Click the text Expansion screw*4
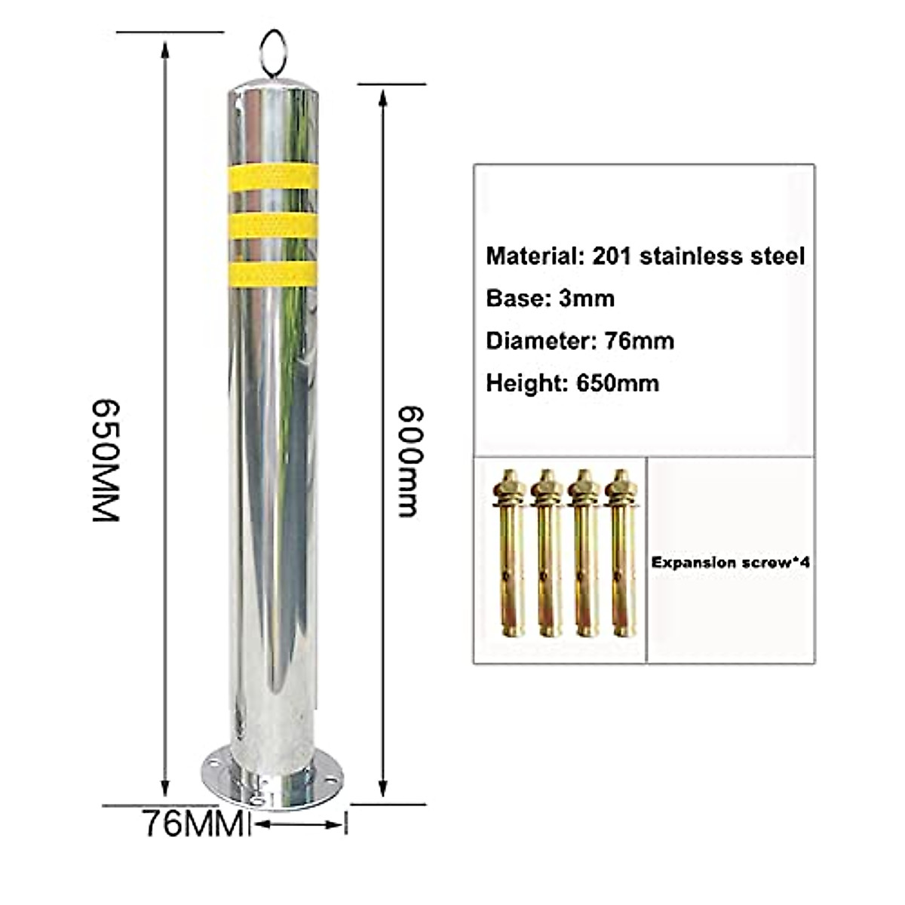(x=730, y=562)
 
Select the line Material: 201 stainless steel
(x=646, y=256)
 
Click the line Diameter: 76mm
(x=579, y=341)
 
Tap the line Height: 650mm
(x=572, y=383)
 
